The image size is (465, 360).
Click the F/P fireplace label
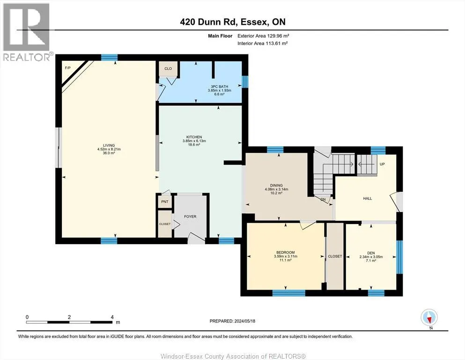click(x=67, y=68)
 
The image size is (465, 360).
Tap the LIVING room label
click(x=109, y=145)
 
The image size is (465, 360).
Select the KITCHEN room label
click(x=194, y=137)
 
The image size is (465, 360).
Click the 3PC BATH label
click(x=220, y=87)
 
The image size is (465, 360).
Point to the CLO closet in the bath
click(x=168, y=68)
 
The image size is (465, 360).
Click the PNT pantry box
click(x=164, y=202)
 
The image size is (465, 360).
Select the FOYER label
click(x=190, y=217)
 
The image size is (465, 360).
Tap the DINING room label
click(x=276, y=186)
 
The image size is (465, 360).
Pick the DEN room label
click(x=371, y=253)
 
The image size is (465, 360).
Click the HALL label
click(x=368, y=199)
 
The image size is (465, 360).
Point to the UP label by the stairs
click(x=382, y=164)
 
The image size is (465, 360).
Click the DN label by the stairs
click(x=323, y=199)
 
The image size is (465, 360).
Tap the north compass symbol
click(x=429, y=318)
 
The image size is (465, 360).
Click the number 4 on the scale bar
click(x=112, y=317)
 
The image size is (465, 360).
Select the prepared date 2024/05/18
click(x=244, y=321)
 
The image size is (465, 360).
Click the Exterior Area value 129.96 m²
click(x=278, y=36)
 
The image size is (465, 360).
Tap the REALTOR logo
click(x=27, y=32)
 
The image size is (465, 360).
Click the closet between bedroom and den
click(x=335, y=256)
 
